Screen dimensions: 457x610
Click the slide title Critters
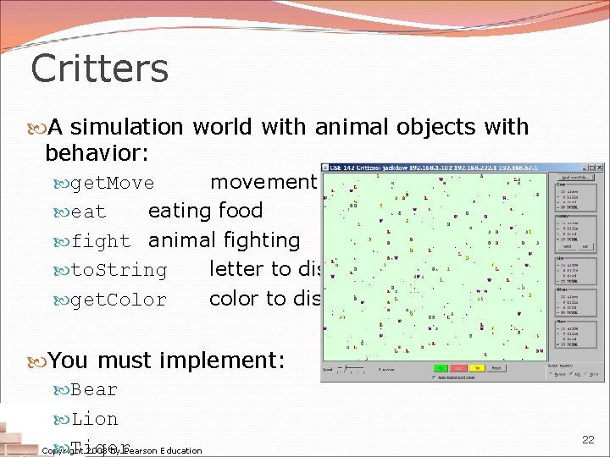[x=99, y=69]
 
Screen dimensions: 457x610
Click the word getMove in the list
[x=112, y=184]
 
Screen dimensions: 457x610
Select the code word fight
[x=100, y=241]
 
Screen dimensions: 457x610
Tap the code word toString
[x=119, y=271]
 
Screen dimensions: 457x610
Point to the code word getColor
[x=119, y=300]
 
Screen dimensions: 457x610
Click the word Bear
[x=94, y=390]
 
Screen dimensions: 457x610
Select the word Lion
[x=94, y=419]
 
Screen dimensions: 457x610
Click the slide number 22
[x=588, y=440]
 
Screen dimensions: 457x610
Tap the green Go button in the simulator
[x=441, y=368]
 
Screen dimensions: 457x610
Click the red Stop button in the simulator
[x=460, y=368]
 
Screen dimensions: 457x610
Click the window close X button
[x=597, y=168]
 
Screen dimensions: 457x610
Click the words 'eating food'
[x=205, y=211]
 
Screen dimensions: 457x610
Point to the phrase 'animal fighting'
[x=224, y=240]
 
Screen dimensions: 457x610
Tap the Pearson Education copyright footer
[x=122, y=450]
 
